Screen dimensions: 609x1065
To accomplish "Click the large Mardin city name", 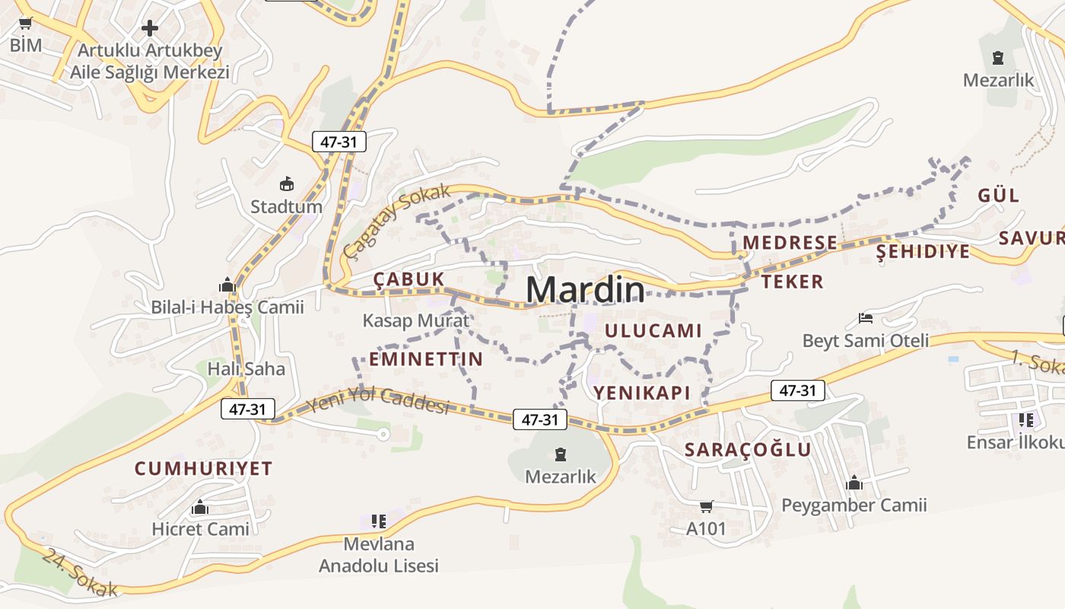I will pos(585,290).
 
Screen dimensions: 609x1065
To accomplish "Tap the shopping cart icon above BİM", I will pos(26,24).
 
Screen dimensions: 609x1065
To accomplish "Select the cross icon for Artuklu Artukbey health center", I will pos(150,29).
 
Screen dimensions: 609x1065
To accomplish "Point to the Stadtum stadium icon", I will pos(287,183).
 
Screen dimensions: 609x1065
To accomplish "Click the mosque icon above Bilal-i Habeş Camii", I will pos(227,285).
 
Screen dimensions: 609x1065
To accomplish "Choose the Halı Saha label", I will pos(246,369).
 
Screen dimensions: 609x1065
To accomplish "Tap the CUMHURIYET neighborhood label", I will pos(203,468).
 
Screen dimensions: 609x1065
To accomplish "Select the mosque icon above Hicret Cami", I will pos(200,507).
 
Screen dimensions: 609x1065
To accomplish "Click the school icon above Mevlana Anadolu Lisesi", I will pos(378,521).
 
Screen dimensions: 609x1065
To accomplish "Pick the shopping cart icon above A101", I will pos(706,506).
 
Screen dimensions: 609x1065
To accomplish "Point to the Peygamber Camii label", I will pos(854,505).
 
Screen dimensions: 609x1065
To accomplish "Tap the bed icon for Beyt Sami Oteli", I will pos(865,317).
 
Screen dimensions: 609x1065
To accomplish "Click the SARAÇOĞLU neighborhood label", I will pos(748,449).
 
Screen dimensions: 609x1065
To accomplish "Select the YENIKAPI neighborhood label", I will pos(641,393).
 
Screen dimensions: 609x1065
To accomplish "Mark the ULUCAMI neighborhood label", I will pos(653,330).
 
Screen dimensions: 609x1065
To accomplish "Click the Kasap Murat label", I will pos(415,320).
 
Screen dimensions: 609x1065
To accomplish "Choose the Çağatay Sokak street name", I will pos(396,222).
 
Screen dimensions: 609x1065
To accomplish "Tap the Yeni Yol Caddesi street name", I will pos(377,400).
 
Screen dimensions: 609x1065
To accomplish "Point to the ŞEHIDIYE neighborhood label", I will pos(923,251).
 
